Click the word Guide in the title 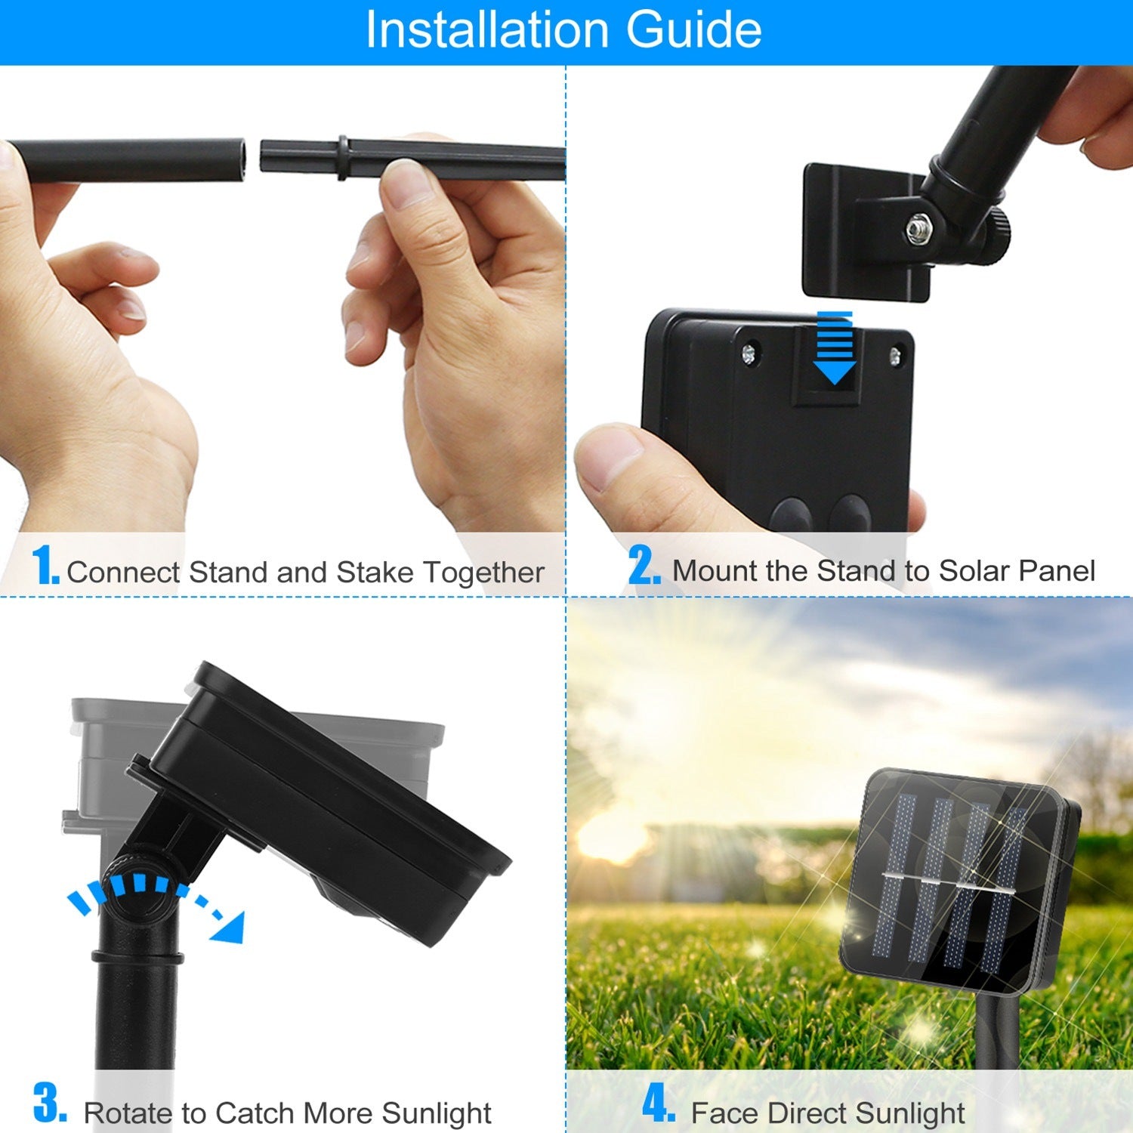pyautogui.click(x=693, y=30)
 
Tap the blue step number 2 pyautogui.click(x=644, y=565)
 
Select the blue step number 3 pyautogui.click(x=50, y=1102)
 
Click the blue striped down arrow pyautogui.click(x=834, y=347)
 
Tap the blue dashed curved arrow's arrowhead pyautogui.click(x=228, y=925)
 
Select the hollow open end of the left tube pyautogui.click(x=240, y=161)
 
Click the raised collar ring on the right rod pyautogui.click(x=343, y=158)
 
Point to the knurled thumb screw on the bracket pyautogui.click(x=997, y=233)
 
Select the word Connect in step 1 pyautogui.click(x=124, y=573)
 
